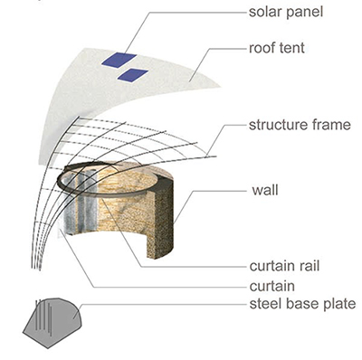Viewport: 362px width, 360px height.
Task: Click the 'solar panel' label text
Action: tap(286, 13)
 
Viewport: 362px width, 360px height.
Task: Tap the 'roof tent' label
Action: tap(277, 48)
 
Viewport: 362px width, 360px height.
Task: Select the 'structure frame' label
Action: tap(300, 125)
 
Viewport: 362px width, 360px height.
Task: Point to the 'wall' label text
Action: tap(265, 190)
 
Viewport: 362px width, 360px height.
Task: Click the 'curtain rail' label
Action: tap(284, 266)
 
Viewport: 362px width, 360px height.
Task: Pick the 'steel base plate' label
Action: tap(302, 304)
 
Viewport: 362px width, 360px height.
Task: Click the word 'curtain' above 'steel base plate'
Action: tap(271, 286)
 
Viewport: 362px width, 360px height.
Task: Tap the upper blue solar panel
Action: tap(119, 60)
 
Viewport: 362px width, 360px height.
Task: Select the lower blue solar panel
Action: tap(133, 75)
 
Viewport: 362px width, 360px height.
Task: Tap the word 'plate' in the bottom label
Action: tap(340, 305)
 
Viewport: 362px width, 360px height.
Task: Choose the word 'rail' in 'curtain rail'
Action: tap(309, 266)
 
